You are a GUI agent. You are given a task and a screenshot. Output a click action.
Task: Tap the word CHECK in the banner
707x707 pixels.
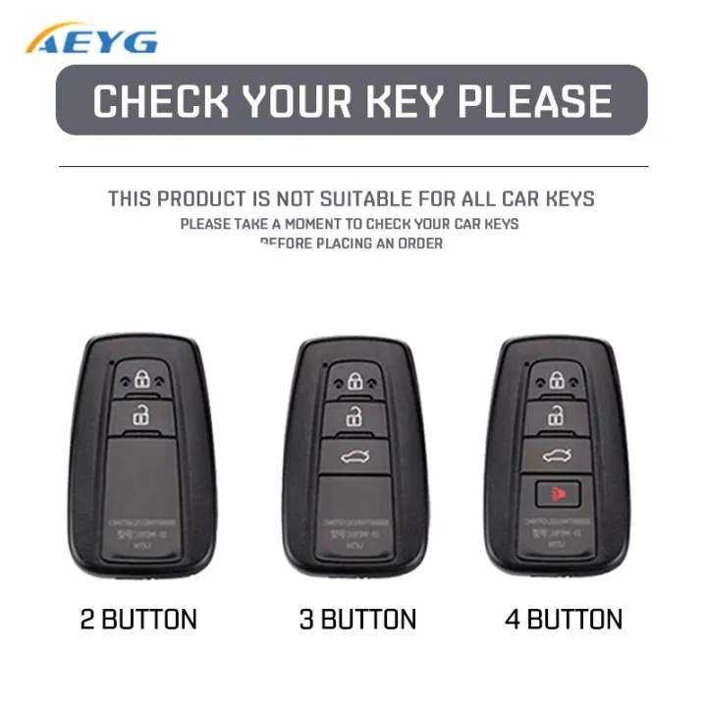pyautogui.click(x=160, y=101)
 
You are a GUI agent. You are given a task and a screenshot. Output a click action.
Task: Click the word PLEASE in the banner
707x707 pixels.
pyautogui.click(x=534, y=101)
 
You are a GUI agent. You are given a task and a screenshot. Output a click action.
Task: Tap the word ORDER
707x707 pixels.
pyautogui.click(x=419, y=244)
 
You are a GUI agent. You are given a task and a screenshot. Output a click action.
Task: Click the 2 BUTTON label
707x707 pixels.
pyautogui.click(x=138, y=620)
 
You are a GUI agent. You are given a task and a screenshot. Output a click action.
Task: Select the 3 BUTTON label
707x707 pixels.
pyautogui.click(x=357, y=620)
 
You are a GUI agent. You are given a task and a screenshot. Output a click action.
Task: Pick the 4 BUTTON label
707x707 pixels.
pyautogui.click(x=564, y=620)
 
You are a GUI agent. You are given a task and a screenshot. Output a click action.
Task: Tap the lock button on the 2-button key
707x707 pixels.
pyautogui.click(x=143, y=379)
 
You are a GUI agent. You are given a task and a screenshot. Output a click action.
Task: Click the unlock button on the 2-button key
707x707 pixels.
pyautogui.click(x=143, y=416)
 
